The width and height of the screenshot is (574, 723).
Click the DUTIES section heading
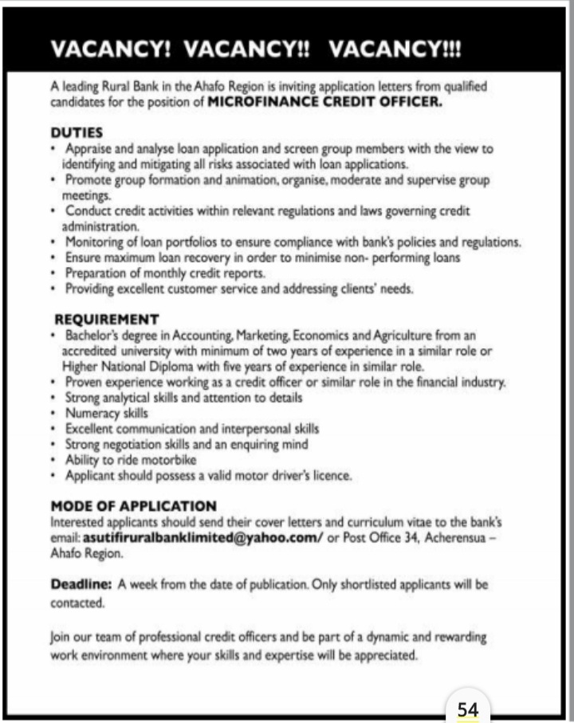point(77,133)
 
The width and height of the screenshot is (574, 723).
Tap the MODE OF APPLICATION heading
point(133,505)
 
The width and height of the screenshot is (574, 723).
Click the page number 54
point(467,708)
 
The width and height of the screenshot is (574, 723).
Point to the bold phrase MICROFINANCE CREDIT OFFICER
point(324,102)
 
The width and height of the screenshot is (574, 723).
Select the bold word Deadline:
point(82,584)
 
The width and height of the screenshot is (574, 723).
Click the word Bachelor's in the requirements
point(96,336)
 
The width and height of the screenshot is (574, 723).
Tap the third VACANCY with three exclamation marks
point(395,49)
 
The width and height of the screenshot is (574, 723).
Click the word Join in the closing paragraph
point(62,639)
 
